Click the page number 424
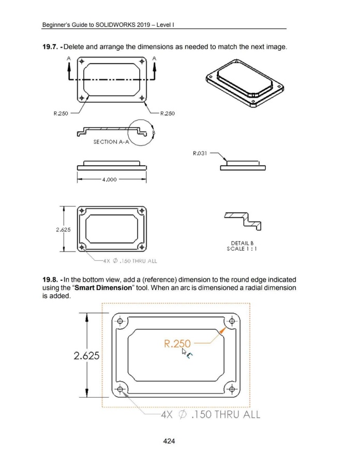169,441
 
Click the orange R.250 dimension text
177,344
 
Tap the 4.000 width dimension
109,180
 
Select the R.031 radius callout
200,153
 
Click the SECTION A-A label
111,142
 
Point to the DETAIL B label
242,243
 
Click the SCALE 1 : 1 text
242,249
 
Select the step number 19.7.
51,47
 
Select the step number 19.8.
51,280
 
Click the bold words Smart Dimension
103,288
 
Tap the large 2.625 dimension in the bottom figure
86,355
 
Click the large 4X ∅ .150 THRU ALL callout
211,414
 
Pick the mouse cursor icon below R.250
187,353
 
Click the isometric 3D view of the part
245,83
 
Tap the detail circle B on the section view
141,133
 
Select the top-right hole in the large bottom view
232,321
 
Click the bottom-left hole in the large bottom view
120,389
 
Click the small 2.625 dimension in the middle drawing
63,229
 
